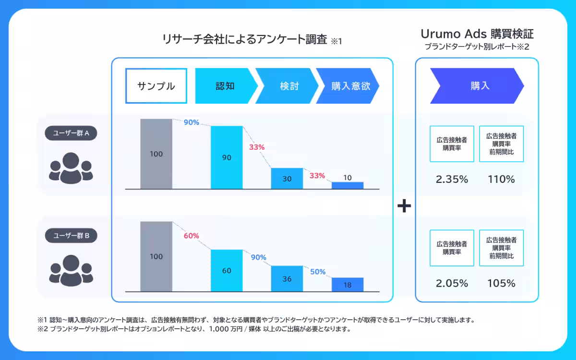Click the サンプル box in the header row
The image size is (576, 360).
pos(156,86)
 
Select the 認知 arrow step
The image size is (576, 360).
pos(224,86)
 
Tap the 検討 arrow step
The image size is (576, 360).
pos(286,86)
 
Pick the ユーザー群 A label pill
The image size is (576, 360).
pos(71,133)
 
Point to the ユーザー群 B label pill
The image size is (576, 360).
pos(71,236)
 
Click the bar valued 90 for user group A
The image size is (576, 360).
pos(227,157)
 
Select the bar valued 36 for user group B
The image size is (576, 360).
pos(287,278)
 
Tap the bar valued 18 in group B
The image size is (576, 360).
pos(348,285)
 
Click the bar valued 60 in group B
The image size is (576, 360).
pos(227,270)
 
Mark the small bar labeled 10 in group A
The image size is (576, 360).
pos(348,185)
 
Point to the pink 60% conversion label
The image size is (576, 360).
pos(191,236)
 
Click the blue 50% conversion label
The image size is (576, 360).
pos(318,272)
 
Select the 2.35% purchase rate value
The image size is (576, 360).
pos(452,180)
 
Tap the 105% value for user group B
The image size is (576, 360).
pos(501,283)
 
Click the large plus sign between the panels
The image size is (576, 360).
pos(404,206)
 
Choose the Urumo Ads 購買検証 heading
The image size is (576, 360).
pos(477,34)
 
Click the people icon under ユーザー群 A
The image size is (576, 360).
pos(71,168)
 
